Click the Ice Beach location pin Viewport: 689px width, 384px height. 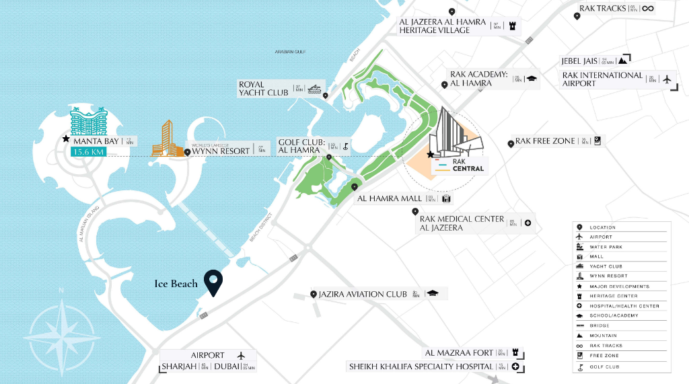tap(214, 282)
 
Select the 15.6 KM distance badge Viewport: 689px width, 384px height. tap(87, 153)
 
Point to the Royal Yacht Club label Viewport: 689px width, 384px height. tap(264, 88)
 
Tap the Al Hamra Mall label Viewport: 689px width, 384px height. tap(390, 198)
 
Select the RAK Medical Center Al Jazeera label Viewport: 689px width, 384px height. tap(462, 223)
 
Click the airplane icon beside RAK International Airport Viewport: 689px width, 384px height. tap(667, 79)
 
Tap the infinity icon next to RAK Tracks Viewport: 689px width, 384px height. tap(647, 9)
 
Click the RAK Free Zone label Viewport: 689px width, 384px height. tap(545, 141)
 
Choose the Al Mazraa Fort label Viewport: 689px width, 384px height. tap(458, 353)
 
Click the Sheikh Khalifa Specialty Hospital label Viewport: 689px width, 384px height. tap(421, 367)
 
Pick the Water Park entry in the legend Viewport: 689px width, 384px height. tap(606, 247)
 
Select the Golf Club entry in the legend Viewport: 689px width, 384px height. tap(603, 367)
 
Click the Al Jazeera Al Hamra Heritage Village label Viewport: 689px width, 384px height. tap(442, 26)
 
